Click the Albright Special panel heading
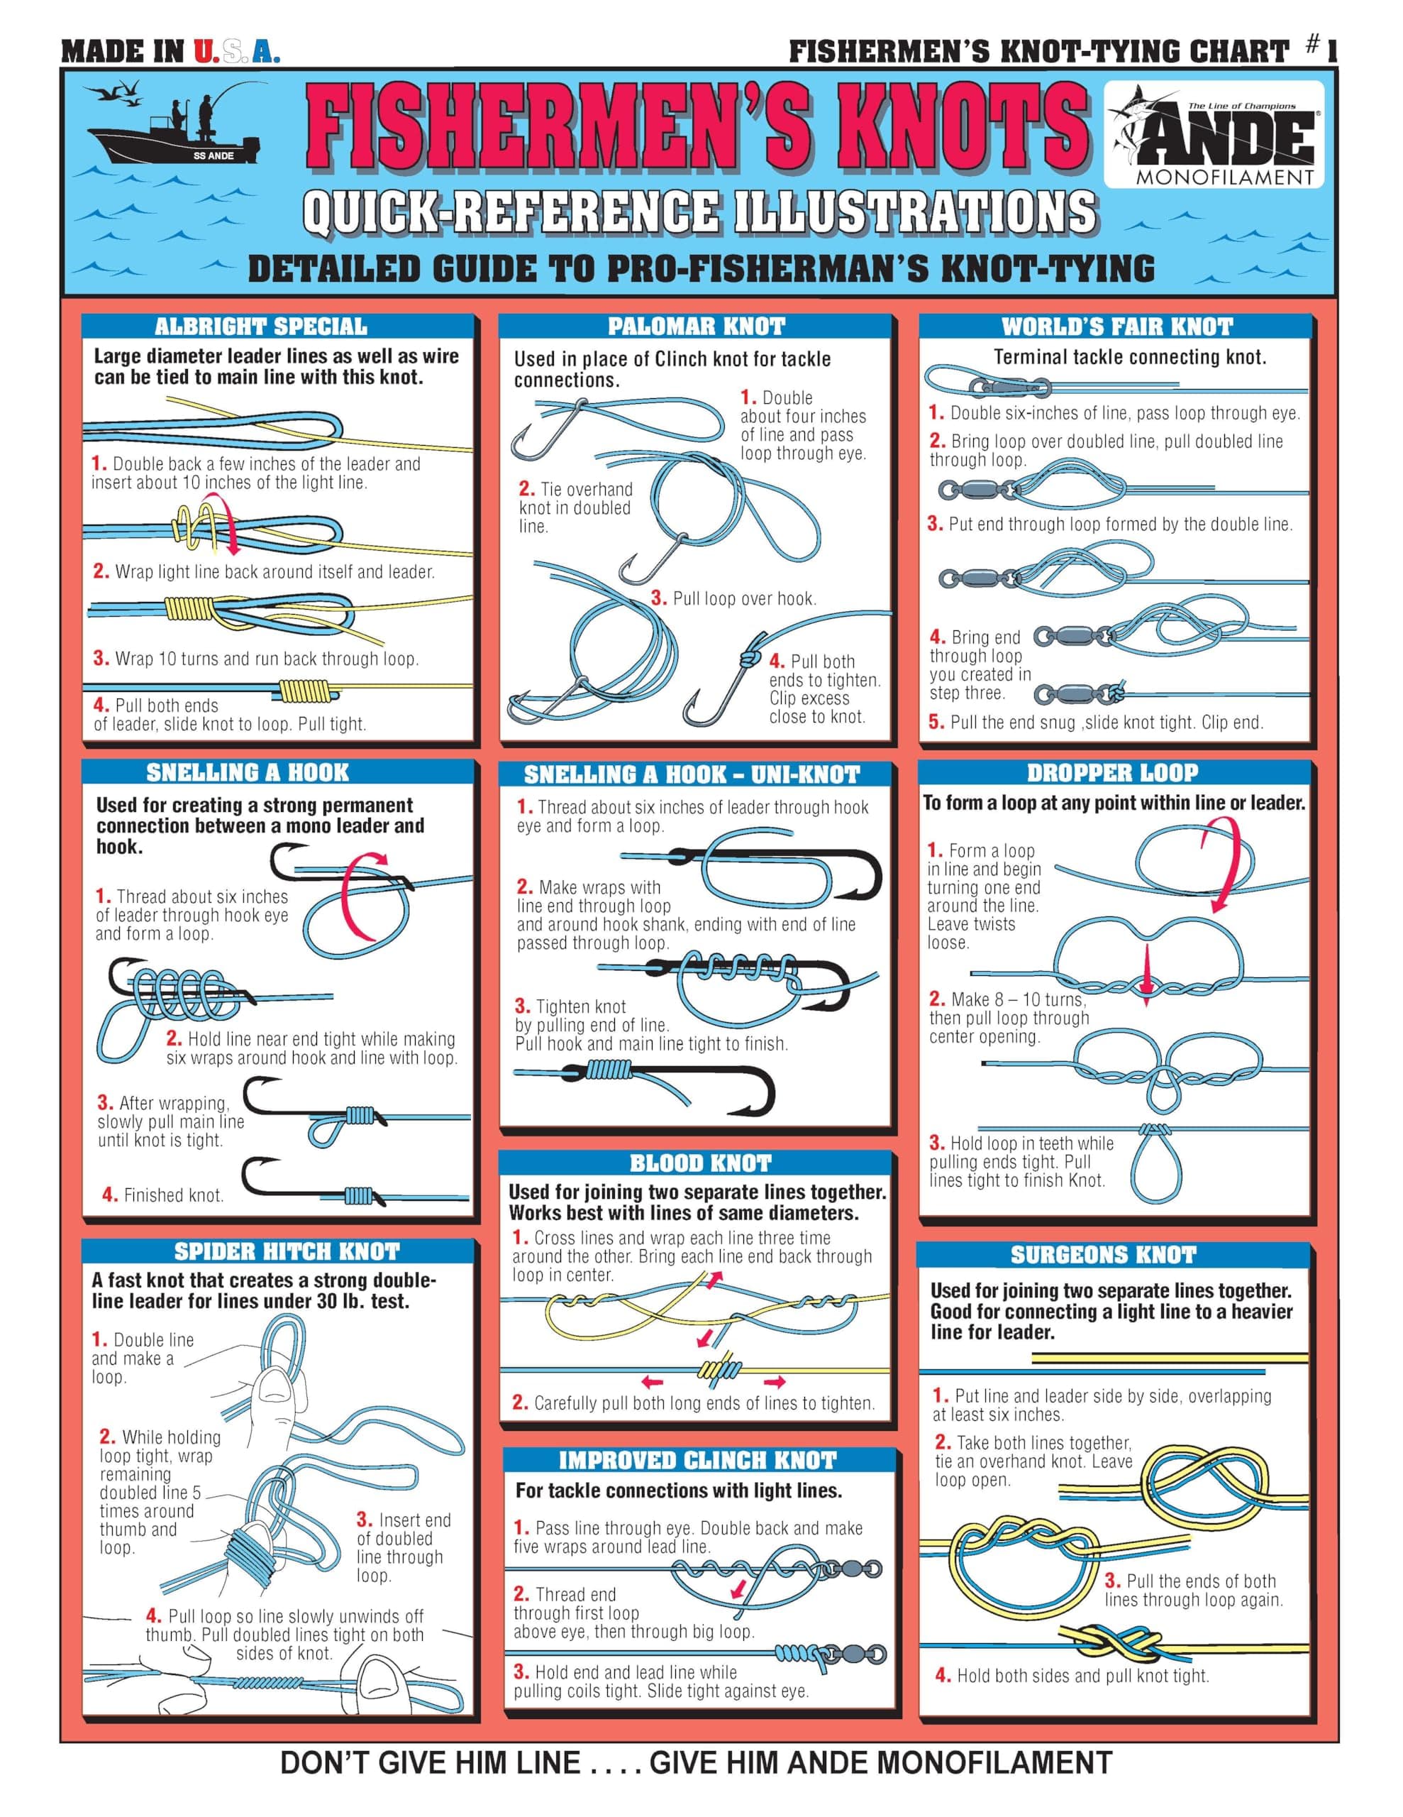260,326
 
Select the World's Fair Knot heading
1116,326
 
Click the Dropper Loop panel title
1112,772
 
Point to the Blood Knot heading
700,1163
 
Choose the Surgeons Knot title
1103,1255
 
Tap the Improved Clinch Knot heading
697,1460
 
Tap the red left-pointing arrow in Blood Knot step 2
652,1382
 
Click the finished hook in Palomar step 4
722,690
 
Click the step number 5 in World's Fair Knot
936,722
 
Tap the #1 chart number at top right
1321,48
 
